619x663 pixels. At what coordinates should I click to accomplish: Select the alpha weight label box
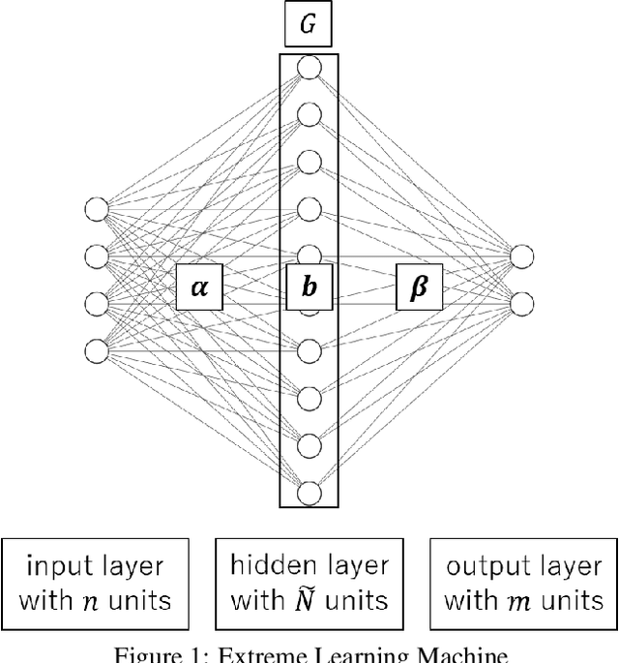[x=200, y=287]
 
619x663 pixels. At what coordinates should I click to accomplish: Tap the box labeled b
[x=309, y=287]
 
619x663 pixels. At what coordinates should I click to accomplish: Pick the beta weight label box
[x=419, y=287]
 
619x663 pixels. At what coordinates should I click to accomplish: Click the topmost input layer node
[x=96, y=209]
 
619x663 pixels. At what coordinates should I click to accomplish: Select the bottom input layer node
[x=96, y=350]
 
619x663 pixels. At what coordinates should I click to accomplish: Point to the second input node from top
[x=96, y=256]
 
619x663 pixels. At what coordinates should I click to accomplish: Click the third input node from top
[x=96, y=304]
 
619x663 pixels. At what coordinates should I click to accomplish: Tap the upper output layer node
[x=521, y=256]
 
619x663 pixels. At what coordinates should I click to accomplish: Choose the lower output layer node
[x=521, y=304]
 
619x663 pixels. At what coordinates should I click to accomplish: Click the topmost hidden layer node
[x=309, y=68]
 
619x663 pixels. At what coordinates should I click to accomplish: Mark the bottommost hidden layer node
[x=309, y=493]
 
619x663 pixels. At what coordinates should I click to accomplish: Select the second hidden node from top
[x=309, y=115]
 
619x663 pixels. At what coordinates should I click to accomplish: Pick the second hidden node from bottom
[x=309, y=445]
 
